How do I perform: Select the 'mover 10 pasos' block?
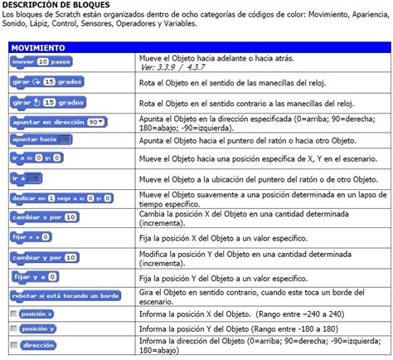tap(42, 62)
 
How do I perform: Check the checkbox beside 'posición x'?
tap(13, 314)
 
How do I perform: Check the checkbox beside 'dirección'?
tap(13, 344)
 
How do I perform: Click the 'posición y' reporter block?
tap(38, 328)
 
